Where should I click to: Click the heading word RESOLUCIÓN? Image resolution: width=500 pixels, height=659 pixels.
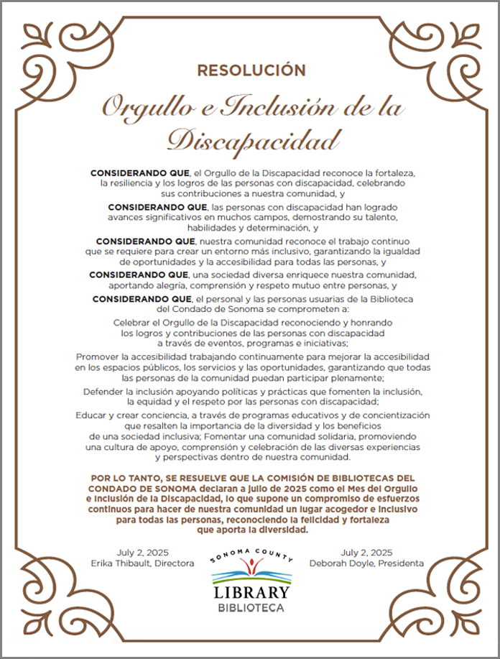[x=251, y=70]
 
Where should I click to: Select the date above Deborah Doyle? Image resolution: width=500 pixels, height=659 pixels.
[x=366, y=552]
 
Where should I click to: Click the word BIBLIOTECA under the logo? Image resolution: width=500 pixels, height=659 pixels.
[x=251, y=608]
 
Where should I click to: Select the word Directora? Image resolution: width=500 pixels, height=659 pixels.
[x=173, y=563]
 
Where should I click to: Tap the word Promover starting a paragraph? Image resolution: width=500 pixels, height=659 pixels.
[x=98, y=357]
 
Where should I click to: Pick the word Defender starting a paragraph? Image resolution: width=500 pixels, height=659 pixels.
[x=105, y=391]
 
